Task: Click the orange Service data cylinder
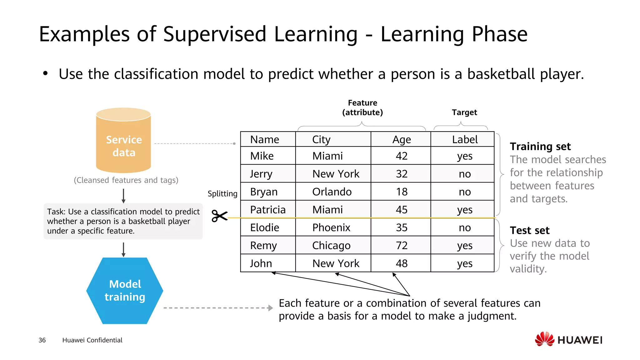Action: (x=123, y=141)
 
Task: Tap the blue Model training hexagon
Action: (x=125, y=291)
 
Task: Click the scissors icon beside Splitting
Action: (x=219, y=216)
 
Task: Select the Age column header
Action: (x=401, y=139)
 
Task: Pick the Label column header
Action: (x=464, y=139)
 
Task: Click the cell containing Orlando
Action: (x=332, y=192)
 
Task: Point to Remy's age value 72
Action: (x=401, y=245)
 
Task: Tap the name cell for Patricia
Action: (x=268, y=210)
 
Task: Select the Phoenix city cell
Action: (x=331, y=227)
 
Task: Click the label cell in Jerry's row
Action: (x=464, y=174)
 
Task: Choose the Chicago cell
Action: (x=331, y=245)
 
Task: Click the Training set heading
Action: (x=540, y=146)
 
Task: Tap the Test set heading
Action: (x=529, y=230)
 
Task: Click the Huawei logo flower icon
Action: (x=544, y=339)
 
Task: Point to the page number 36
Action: (x=42, y=340)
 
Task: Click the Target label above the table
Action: (x=464, y=112)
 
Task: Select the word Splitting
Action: (x=222, y=194)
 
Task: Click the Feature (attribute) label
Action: (x=362, y=107)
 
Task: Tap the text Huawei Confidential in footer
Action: (x=92, y=340)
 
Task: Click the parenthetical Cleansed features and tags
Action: (x=126, y=180)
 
